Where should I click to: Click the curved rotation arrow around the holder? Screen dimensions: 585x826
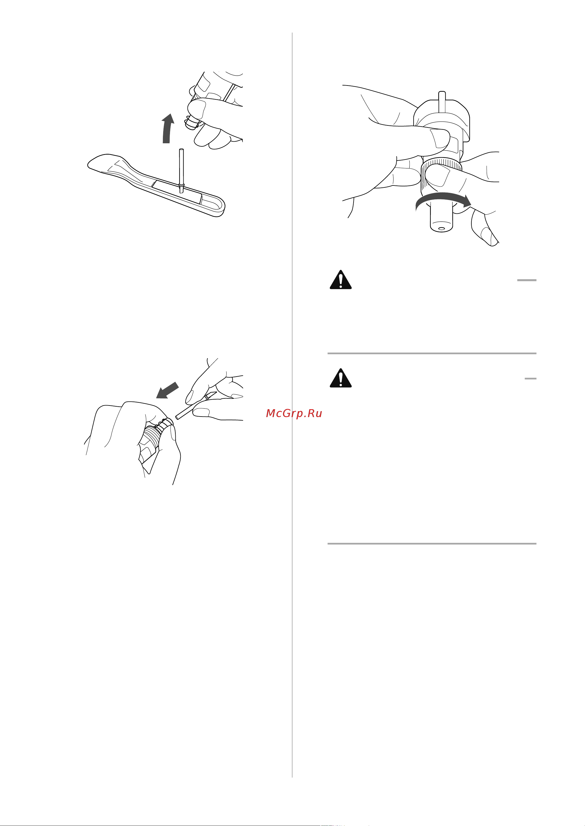[x=443, y=199]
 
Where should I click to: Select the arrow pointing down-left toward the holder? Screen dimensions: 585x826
[x=167, y=390]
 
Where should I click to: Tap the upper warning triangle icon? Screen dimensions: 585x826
[x=341, y=280]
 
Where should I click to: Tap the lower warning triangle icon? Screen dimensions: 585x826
[x=341, y=378]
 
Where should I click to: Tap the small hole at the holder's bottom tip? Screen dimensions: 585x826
[x=441, y=229]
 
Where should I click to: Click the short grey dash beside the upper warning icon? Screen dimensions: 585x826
[x=527, y=280]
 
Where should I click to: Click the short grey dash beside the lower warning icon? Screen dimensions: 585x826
[x=531, y=378]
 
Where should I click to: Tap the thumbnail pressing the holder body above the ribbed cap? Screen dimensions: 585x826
[x=440, y=138]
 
